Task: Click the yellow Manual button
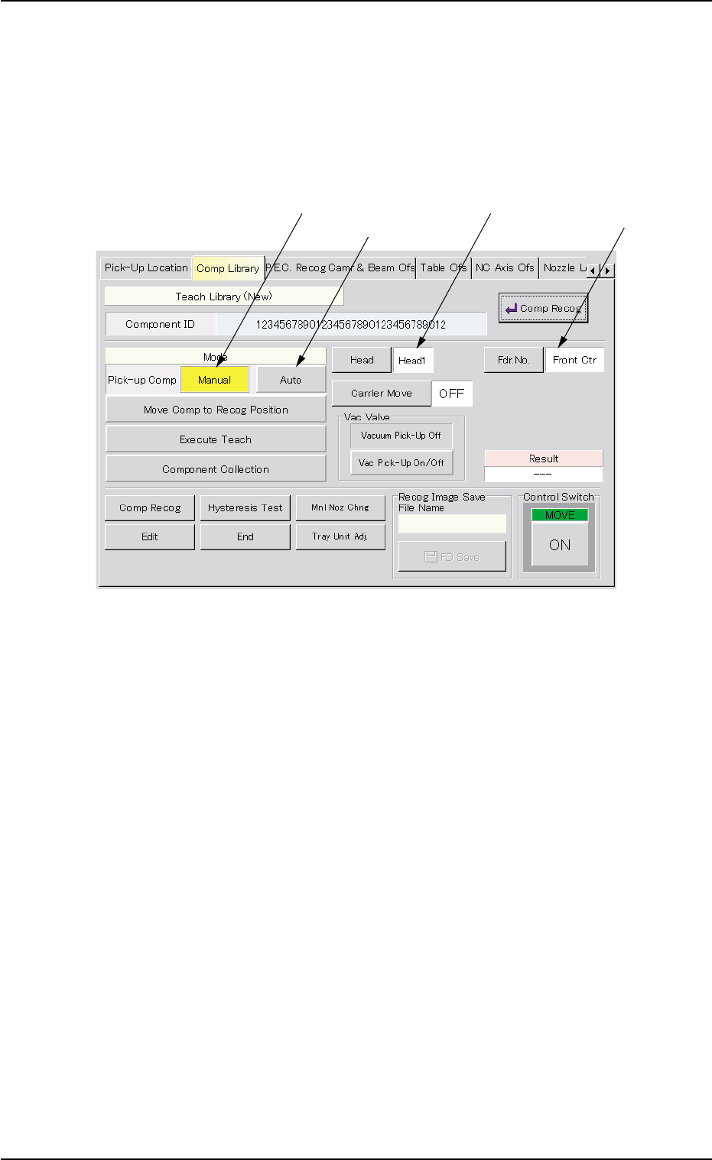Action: (x=215, y=380)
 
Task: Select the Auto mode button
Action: (x=291, y=380)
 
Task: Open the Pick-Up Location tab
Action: (x=146, y=268)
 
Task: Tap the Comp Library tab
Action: (x=228, y=268)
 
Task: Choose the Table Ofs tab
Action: (x=444, y=268)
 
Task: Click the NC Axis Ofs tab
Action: (x=505, y=268)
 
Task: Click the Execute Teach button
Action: (x=216, y=439)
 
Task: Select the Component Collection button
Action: (x=216, y=469)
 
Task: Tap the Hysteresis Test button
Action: (x=245, y=507)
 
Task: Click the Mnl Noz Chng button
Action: (x=340, y=507)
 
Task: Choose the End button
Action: (x=245, y=536)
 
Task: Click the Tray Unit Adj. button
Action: (x=340, y=536)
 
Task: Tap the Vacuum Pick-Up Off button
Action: (x=401, y=436)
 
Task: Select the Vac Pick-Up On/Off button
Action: (x=401, y=463)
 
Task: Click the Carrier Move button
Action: (x=382, y=394)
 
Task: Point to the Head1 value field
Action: (x=413, y=360)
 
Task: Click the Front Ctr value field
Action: (x=574, y=360)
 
